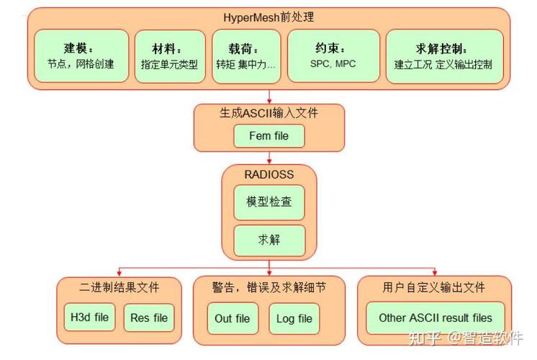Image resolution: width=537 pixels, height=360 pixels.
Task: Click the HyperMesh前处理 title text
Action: [x=268, y=17]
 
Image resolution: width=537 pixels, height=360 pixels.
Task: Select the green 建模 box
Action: [x=81, y=56]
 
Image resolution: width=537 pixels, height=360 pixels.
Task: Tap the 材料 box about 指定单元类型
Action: [x=169, y=56]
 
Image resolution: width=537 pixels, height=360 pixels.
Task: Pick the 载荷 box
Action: [x=246, y=56]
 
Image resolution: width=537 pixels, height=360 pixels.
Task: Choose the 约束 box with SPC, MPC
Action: [x=333, y=56]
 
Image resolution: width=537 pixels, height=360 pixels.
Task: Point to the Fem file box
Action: [x=268, y=135]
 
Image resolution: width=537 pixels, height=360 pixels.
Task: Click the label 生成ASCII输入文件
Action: [x=268, y=114]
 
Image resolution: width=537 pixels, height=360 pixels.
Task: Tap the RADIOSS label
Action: [x=268, y=175]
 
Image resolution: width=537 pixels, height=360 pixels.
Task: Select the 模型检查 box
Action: [x=269, y=202]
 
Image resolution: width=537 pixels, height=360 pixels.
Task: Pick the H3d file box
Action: [x=89, y=317]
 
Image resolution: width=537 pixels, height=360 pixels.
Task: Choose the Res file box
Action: [x=149, y=318]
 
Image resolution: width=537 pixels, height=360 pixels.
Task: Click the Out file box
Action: [x=233, y=318]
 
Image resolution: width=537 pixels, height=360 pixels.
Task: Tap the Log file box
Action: [x=294, y=318]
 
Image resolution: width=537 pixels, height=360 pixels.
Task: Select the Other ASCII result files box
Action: [x=435, y=318]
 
